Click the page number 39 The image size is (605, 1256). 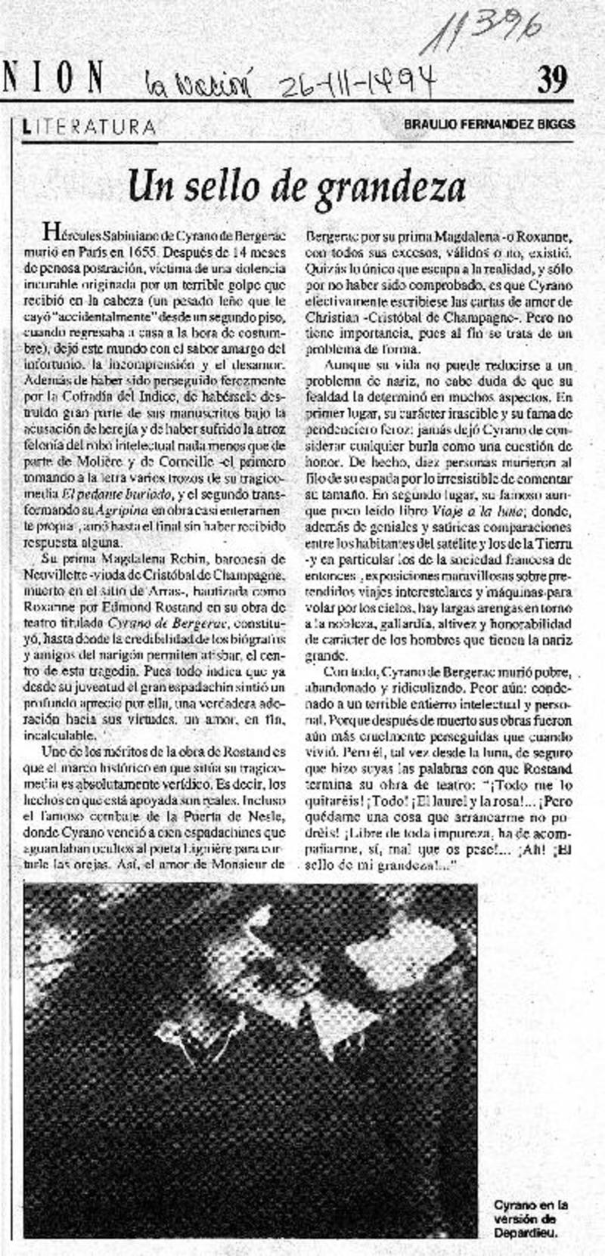(x=551, y=78)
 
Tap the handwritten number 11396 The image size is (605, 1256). (x=482, y=33)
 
